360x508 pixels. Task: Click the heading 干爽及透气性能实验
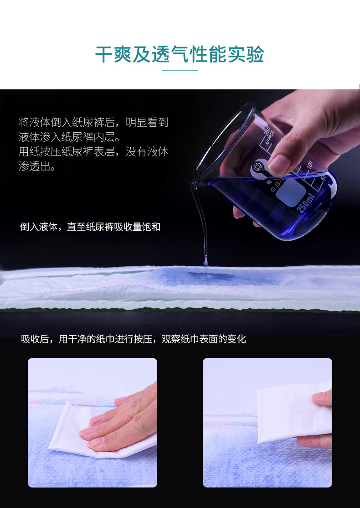[180, 54]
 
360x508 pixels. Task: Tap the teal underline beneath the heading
[180, 70]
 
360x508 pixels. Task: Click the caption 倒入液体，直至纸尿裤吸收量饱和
[90, 227]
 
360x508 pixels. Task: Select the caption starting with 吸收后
[134, 339]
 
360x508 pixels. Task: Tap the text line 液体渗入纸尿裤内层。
[69, 137]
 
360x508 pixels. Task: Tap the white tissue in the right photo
[291, 414]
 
